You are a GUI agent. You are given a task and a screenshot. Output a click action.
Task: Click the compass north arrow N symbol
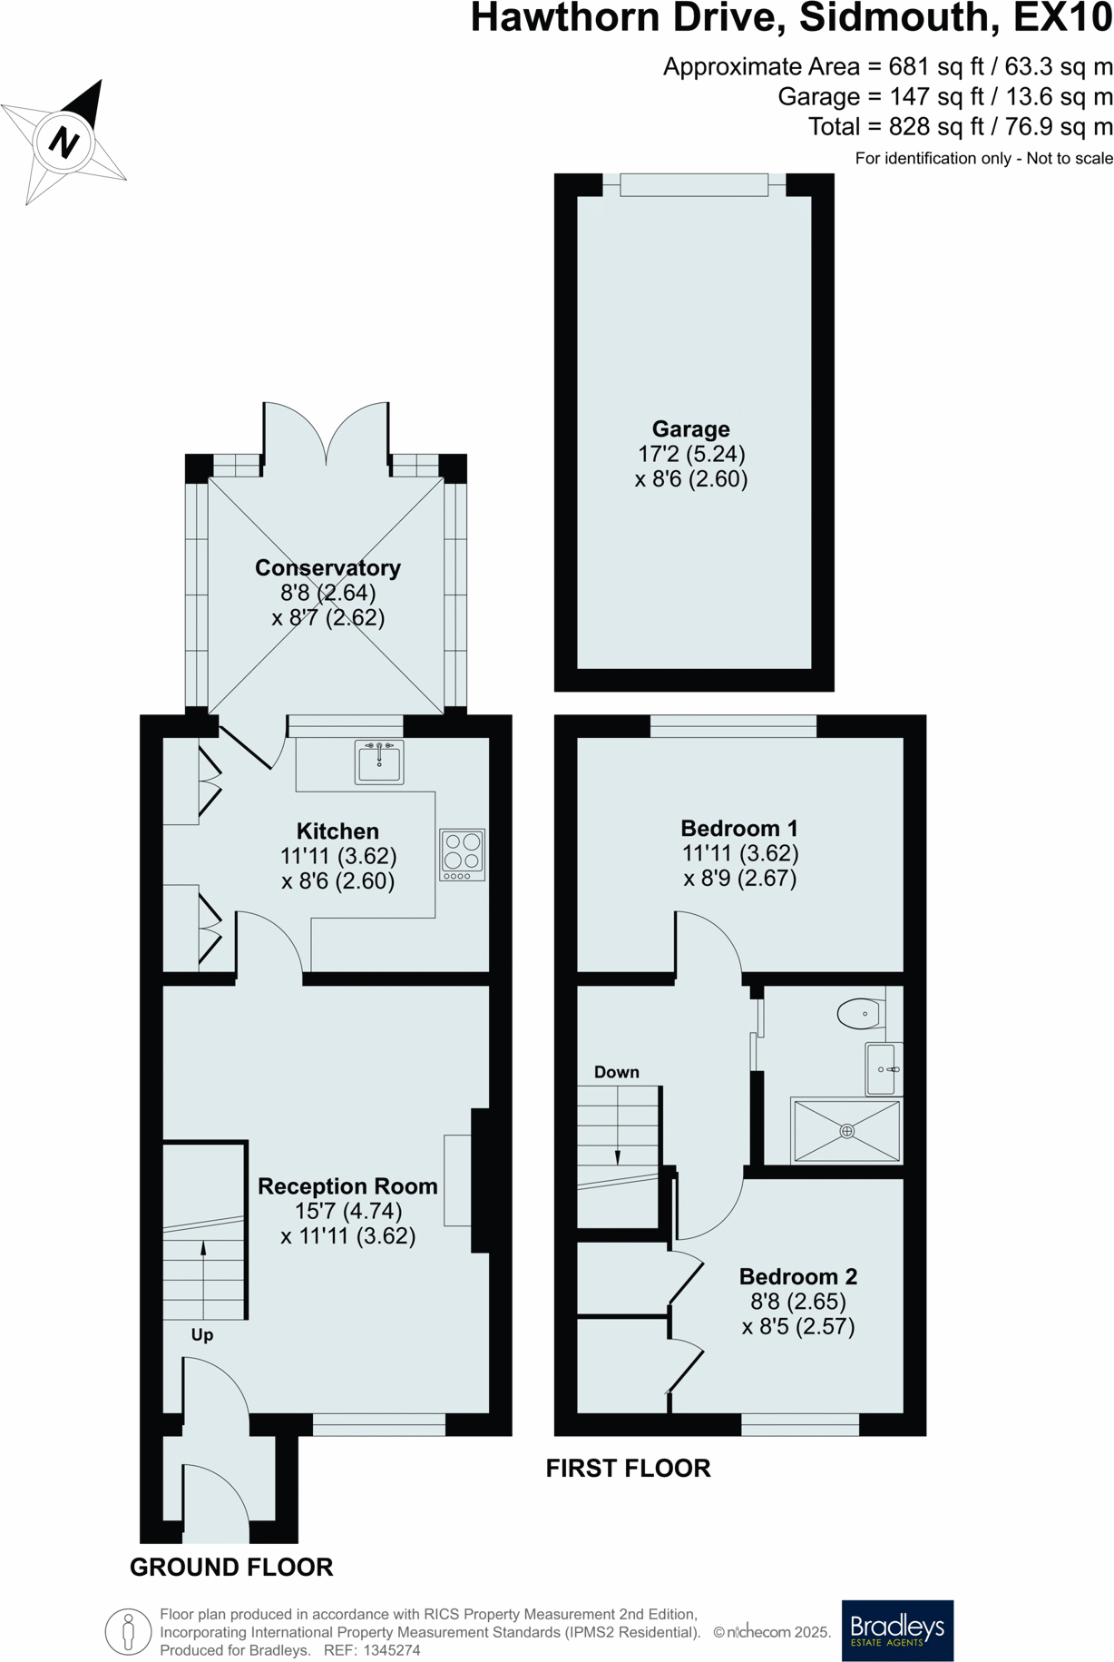[64, 142]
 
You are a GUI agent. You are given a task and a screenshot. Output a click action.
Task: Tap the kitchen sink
[379, 762]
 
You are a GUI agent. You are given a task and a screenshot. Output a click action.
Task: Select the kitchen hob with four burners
[463, 854]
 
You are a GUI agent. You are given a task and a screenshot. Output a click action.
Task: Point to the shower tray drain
[846, 1131]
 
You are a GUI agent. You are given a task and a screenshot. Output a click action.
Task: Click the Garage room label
[690, 429]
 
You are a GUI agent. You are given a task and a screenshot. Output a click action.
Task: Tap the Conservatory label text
[327, 568]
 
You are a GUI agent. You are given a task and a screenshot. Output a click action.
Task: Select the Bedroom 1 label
[739, 828]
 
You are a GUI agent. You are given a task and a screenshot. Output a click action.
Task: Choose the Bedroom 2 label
[798, 1276]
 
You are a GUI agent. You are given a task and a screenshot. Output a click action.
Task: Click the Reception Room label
[347, 1186]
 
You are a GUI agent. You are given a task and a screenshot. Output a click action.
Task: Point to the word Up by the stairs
[202, 1334]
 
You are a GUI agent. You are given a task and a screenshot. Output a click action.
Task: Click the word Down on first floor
[617, 1072]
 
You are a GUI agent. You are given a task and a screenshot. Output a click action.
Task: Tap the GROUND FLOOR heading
[231, 1567]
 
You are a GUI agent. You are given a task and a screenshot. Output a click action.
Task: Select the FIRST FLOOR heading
[628, 1468]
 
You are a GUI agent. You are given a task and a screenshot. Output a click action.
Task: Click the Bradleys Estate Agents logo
[897, 1630]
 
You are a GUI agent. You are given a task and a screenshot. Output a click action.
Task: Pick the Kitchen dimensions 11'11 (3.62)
[338, 856]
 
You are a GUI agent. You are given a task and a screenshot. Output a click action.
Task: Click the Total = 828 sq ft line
[960, 126]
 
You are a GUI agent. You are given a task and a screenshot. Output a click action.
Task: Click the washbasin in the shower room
[883, 1069]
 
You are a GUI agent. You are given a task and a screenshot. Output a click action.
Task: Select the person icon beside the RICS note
[128, 1631]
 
